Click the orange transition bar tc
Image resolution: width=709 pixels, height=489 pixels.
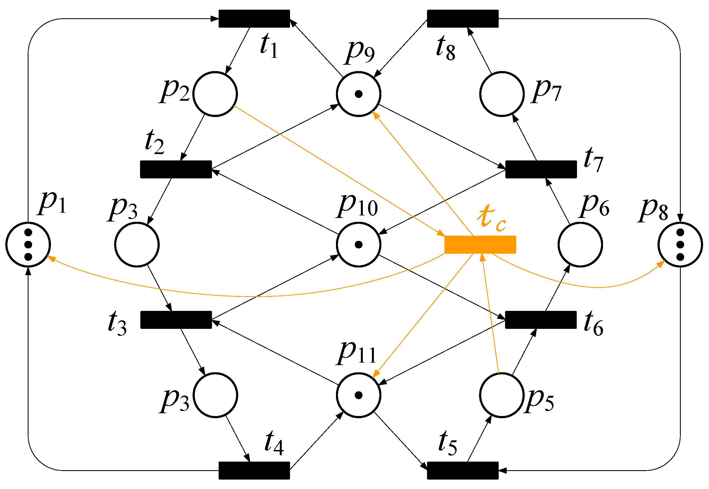tap(480, 245)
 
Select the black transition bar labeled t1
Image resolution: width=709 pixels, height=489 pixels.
tap(254, 19)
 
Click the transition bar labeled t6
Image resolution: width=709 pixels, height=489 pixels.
tap(541, 320)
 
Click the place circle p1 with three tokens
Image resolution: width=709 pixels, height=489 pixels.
tap(28, 245)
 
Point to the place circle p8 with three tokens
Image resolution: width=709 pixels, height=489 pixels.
tap(680, 245)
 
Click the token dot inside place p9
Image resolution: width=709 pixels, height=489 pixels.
tap(358, 94)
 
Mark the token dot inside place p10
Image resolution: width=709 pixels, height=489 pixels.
tap(358, 245)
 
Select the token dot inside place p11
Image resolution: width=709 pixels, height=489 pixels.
tap(358, 395)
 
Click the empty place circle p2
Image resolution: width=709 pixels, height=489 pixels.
tap(215, 94)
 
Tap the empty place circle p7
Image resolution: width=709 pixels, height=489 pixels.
tap(502, 94)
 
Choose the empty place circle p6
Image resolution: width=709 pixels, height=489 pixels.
tap(580, 245)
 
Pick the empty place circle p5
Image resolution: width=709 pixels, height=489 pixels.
tap(502, 395)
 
